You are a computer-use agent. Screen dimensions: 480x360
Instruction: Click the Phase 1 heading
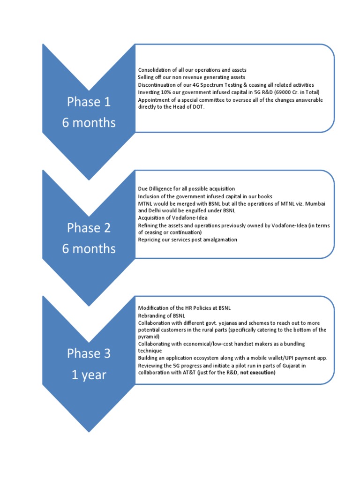pyautogui.click(x=89, y=102)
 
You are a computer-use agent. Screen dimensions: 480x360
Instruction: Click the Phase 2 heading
pyautogui.click(x=89, y=228)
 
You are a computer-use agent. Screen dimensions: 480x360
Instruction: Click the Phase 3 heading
pyautogui.click(x=89, y=353)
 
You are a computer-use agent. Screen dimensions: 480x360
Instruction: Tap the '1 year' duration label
pyautogui.click(x=89, y=375)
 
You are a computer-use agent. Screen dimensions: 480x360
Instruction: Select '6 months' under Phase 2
pyautogui.click(x=89, y=249)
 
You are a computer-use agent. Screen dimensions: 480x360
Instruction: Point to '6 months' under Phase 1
pyautogui.click(x=89, y=123)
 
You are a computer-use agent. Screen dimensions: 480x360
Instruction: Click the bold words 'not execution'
pyautogui.click(x=257, y=373)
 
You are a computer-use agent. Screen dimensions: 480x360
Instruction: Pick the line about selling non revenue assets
pyautogui.click(x=191, y=77)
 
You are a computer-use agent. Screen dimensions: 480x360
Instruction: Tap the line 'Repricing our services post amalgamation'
pyautogui.click(x=187, y=240)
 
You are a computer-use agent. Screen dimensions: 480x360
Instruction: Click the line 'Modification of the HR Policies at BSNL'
pyautogui.click(x=184, y=308)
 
